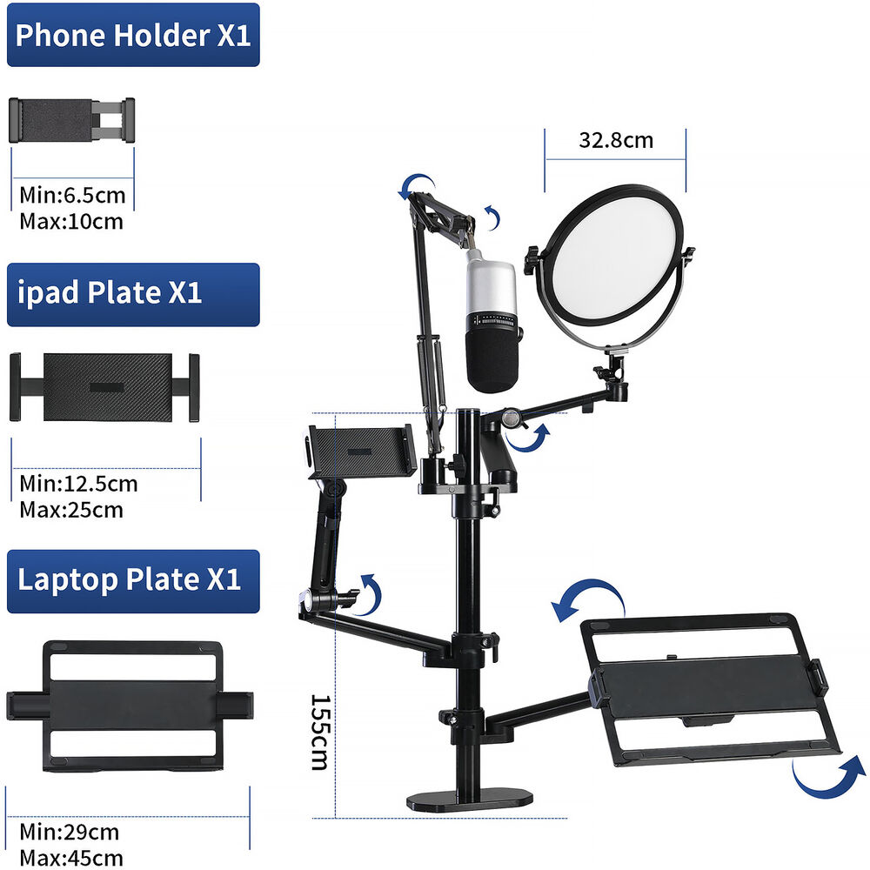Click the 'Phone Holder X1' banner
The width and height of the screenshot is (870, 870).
tap(133, 35)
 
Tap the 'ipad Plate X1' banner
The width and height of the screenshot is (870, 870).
tap(133, 295)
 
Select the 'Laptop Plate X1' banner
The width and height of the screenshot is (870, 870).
tap(133, 581)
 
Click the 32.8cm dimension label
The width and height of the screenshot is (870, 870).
tap(616, 140)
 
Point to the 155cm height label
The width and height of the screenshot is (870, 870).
tap(319, 733)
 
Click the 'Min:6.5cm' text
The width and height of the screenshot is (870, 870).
tap(72, 195)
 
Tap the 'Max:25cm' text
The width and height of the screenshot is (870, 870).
tap(71, 510)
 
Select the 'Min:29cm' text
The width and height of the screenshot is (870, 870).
tap(70, 833)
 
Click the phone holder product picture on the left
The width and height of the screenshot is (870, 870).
tap(71, 120)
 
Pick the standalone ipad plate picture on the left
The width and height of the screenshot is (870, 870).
tap(105, 387)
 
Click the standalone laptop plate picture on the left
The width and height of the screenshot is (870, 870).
tap(130, 706)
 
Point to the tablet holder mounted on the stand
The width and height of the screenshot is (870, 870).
tap(362, 451)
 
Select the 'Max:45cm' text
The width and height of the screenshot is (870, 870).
tap(71, 858)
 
